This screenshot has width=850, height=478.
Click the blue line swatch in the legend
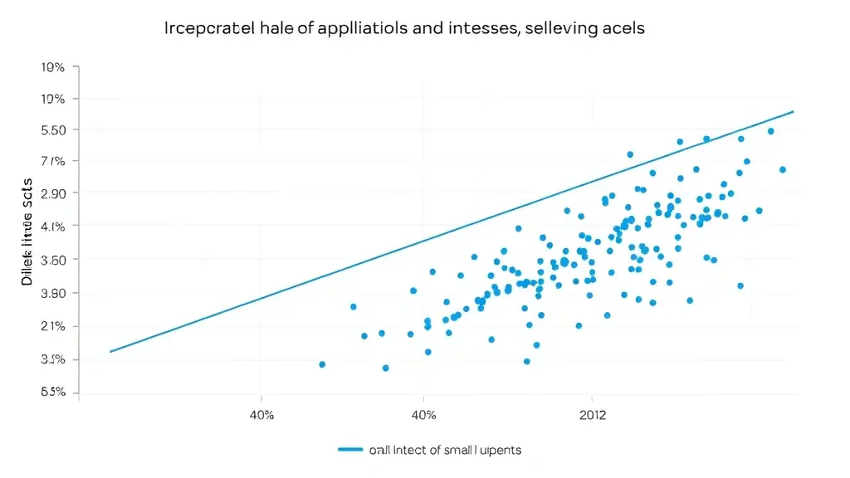(x=351, y=450)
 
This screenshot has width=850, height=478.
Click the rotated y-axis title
(x=27, y=232)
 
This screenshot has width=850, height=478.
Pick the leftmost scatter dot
(x=322, y=364)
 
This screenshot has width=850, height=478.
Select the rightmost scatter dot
(x=782, y=170)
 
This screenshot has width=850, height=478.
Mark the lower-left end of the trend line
(x=110, y=352)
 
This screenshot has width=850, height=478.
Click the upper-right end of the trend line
(x=794, y=111)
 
